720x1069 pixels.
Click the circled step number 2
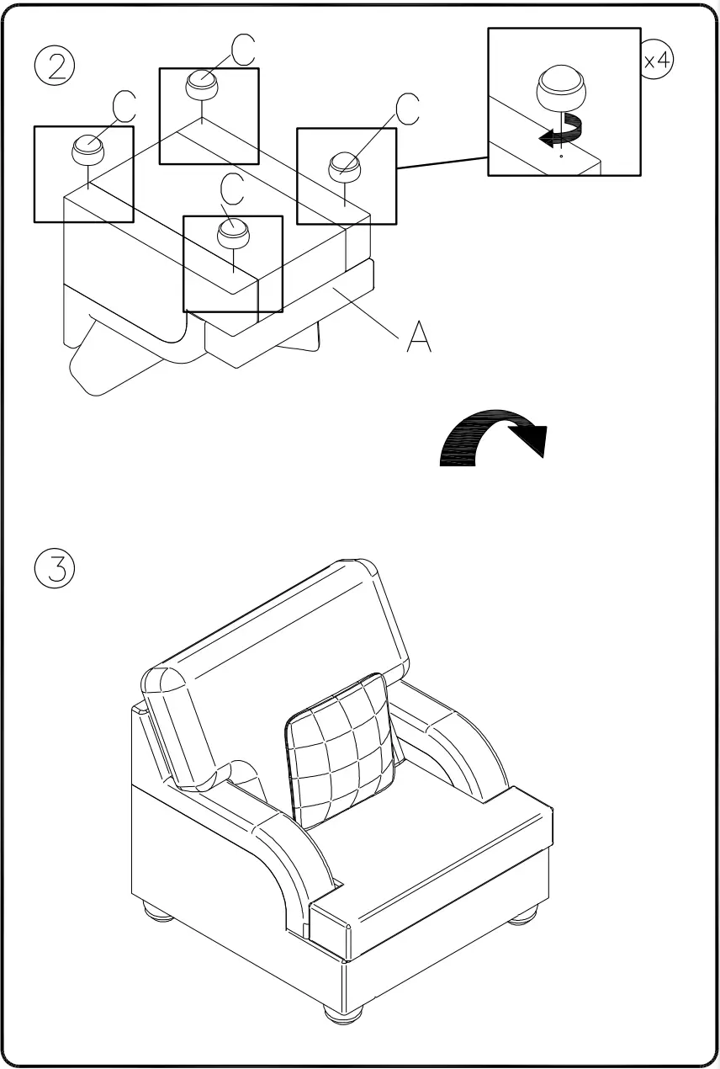pyautogui.click(x=55, y=66)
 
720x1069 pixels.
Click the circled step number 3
pyautogui.click(x=55, y=570)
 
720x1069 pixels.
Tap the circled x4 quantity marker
pyautogui.click(x=657, y=61)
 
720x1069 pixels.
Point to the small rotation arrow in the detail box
pyautogui.click(x=561, y=130)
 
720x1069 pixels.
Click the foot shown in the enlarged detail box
pyautogui.click(x=561, y=89)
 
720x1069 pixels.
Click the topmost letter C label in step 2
pyautogui.click(x=243, y=51)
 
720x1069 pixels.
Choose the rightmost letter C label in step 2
pyautogui.click(x=407, y=109)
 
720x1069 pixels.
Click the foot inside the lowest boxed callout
pyautogui.click(x=232, y=234)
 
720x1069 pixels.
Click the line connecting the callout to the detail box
pyautogui.click(x=442, y=162)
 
